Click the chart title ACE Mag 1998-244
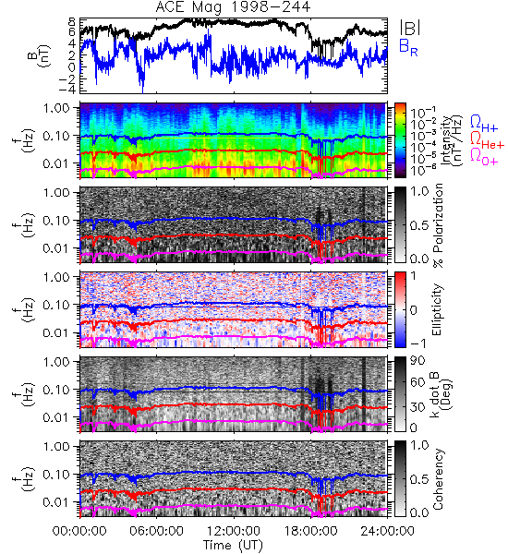pos(233,7)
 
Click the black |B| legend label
pos(410,27)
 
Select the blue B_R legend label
pos(409,47)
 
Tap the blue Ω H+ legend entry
pos(484,124)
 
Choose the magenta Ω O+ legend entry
pos(484,157)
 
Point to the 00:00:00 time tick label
pos(79,531)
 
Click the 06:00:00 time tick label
pos(157,531)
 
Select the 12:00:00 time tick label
pos(234,531)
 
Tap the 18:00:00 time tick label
pos(310,531)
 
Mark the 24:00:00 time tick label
pos(387,531)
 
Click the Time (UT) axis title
pos(234,545)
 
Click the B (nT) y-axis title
pos(40,55)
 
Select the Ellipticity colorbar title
pos(437,309)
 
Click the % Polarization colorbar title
pos(438,225)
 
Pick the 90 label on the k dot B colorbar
pos(417,361)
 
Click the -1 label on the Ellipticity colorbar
pos(417,343)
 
